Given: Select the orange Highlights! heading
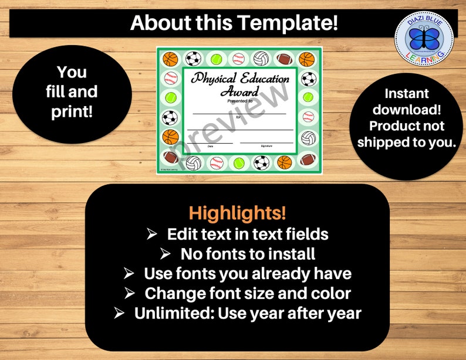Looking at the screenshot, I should (x=238, y=213).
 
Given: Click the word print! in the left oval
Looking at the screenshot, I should (x=72, y=111).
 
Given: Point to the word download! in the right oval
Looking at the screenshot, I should (x=406, y=109).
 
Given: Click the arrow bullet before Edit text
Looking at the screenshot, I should (x=151, y=234).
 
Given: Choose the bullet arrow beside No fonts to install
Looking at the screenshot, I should (x=166, y=254).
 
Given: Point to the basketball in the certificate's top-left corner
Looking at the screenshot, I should (x=170, y=59).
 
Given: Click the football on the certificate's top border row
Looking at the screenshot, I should (x=284, y=59).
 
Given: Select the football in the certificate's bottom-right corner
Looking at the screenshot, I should (x=308, y=159).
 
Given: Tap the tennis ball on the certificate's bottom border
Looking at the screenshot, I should (x=239, y=162).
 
